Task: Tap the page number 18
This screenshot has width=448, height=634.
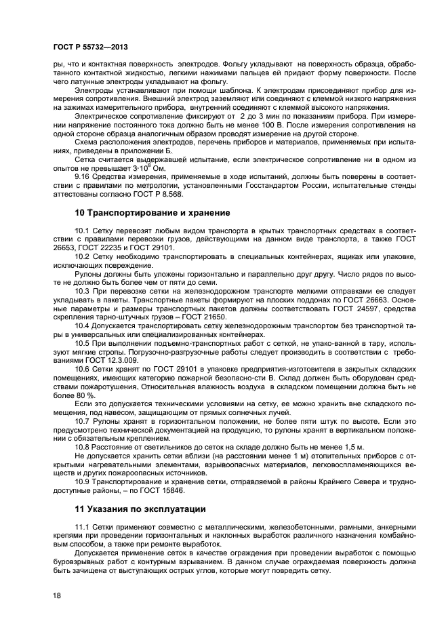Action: pyautogui.click(x=57, y=595)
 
